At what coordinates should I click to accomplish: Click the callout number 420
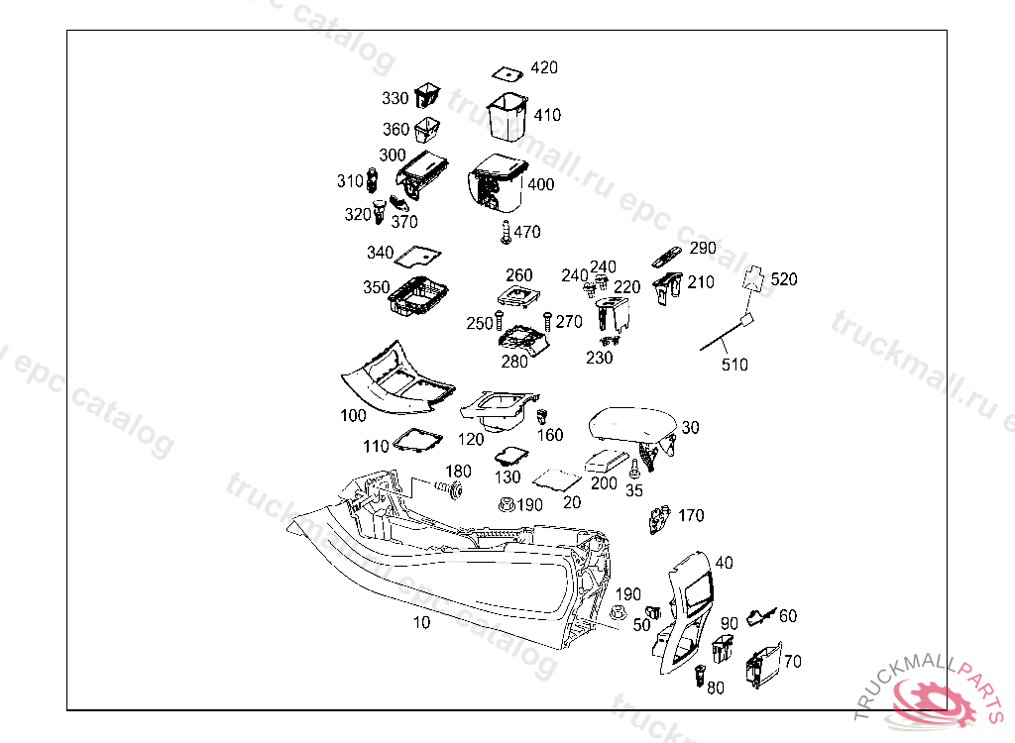[544, 67]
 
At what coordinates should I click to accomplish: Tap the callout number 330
[395, 98]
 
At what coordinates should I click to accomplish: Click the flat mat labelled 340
[417, 256]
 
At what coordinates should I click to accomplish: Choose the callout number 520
[783, 279]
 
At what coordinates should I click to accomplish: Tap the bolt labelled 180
[450, 489]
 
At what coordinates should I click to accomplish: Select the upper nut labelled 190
[506, 505]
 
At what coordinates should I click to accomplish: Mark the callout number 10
[421, 623]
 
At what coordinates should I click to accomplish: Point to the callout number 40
[724, 562]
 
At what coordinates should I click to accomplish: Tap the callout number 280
[514, 362]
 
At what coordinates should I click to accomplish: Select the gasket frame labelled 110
[417, 439]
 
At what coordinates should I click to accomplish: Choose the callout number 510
[733, 365]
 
